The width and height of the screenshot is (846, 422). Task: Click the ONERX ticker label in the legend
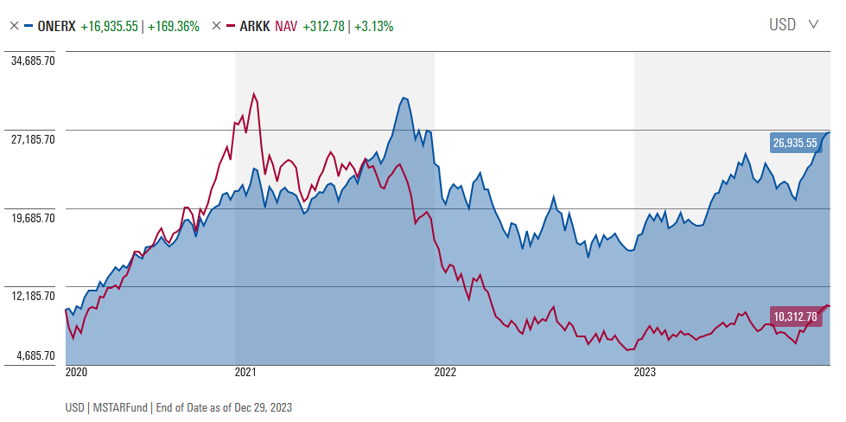tap(57, 26)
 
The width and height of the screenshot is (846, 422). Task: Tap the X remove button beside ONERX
tap(14, 26)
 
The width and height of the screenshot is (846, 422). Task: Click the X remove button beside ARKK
tap(216, 26)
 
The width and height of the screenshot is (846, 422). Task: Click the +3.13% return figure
tap(373, 26)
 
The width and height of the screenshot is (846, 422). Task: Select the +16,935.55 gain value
tap(110, 26)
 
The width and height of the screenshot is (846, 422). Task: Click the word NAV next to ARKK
tap(286, 26)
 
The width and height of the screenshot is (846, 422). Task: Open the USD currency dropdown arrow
tap(813, 24)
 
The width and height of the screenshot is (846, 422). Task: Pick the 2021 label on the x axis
tap(245, 373)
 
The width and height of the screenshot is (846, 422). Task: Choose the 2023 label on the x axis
tap(645, 373)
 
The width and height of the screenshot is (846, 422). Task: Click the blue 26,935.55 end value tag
tap(795, 143)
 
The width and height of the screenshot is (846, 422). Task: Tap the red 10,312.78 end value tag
tap(795, 316)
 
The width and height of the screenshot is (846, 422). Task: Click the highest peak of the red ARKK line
tap(253, 93)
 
